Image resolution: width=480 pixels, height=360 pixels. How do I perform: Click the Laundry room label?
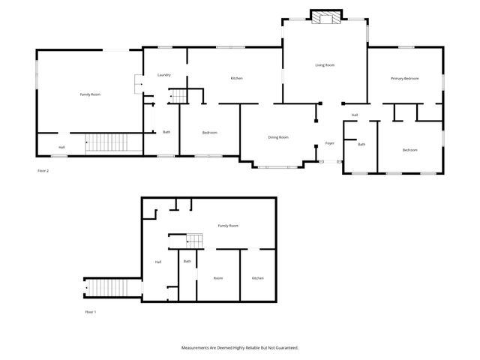164,75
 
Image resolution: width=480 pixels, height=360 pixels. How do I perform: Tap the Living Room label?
324,65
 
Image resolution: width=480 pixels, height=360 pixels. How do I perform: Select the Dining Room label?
278,137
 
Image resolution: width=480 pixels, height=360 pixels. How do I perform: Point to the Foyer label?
329,143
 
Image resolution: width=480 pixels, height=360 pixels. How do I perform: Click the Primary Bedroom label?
404,79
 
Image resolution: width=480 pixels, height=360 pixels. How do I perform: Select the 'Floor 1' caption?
91,311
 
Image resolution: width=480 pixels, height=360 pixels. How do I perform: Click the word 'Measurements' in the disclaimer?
197,348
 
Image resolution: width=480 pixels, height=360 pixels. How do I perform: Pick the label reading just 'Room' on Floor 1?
217,278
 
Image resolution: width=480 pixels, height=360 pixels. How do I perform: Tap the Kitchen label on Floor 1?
257,278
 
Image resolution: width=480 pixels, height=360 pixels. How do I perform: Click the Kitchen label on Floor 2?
236,79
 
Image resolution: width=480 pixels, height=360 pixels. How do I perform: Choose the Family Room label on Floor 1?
228,226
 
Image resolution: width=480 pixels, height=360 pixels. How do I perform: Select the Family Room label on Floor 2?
90,94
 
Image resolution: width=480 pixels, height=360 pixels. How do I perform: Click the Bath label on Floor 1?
187,261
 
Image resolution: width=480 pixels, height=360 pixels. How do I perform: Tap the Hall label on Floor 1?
158,262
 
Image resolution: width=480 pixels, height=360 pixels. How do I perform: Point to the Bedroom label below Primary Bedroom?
409,150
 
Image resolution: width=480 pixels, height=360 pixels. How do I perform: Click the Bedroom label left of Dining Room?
209,133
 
